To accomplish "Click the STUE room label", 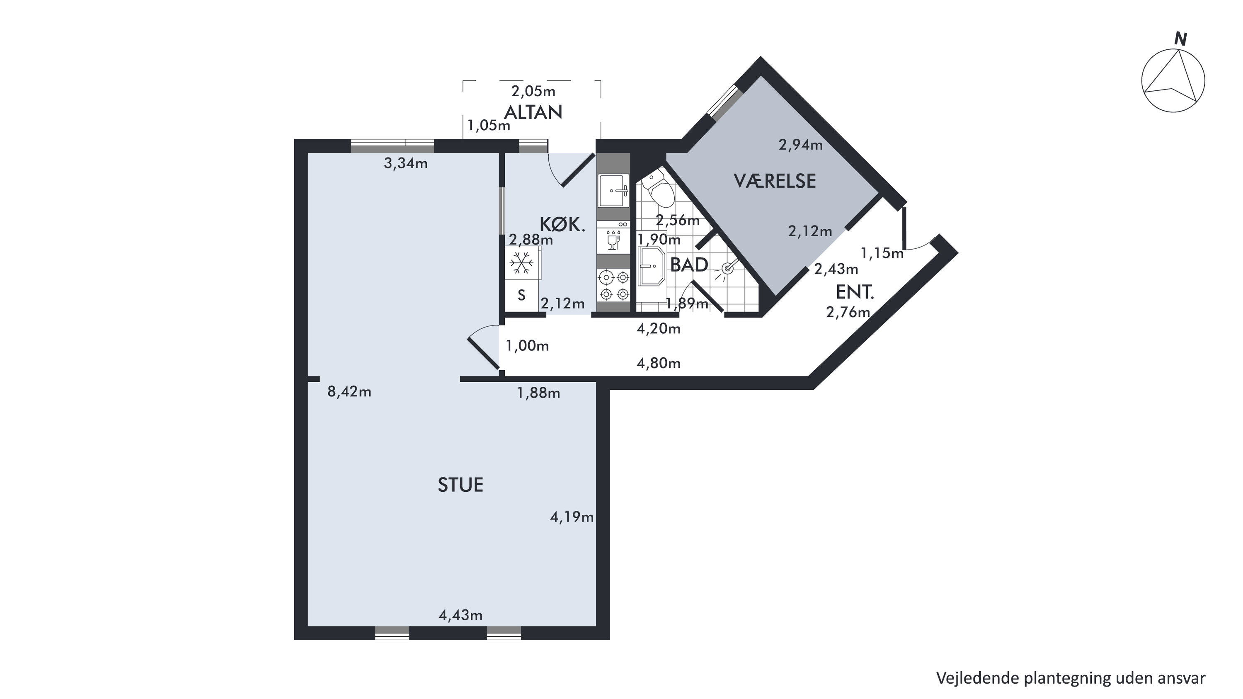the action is click(460, 485).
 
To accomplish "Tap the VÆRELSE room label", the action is click(775, 181).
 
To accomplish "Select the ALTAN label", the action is click(533, 112).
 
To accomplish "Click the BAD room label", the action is click(689, 265).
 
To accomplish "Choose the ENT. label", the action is click(855, 292).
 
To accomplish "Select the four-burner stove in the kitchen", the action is click(613, 286).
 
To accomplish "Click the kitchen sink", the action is click(613, 191).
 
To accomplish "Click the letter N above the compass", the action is click(1181, 39).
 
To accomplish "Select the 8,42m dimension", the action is click(349, 391).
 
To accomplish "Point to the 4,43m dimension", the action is click(460, 615).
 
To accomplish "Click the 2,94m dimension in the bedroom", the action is click(800, 144).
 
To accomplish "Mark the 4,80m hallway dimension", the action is click(659, 363).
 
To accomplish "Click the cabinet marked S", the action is click(522, 295).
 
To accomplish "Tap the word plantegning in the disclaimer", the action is click(1072, 679).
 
